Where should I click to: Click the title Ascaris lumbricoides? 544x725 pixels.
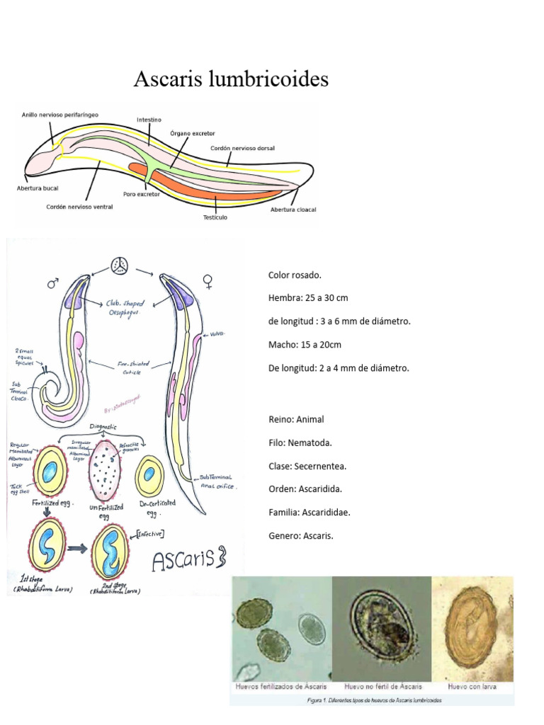231,79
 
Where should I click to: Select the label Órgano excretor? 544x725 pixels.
193,133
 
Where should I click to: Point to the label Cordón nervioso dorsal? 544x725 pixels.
242,148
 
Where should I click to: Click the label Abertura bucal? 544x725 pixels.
38,188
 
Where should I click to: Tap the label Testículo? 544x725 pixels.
215,217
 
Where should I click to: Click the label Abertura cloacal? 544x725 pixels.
293,210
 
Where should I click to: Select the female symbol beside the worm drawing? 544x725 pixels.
208,282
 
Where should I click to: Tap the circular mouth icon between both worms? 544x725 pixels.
119,266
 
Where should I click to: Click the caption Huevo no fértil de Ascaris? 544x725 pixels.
383,686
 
